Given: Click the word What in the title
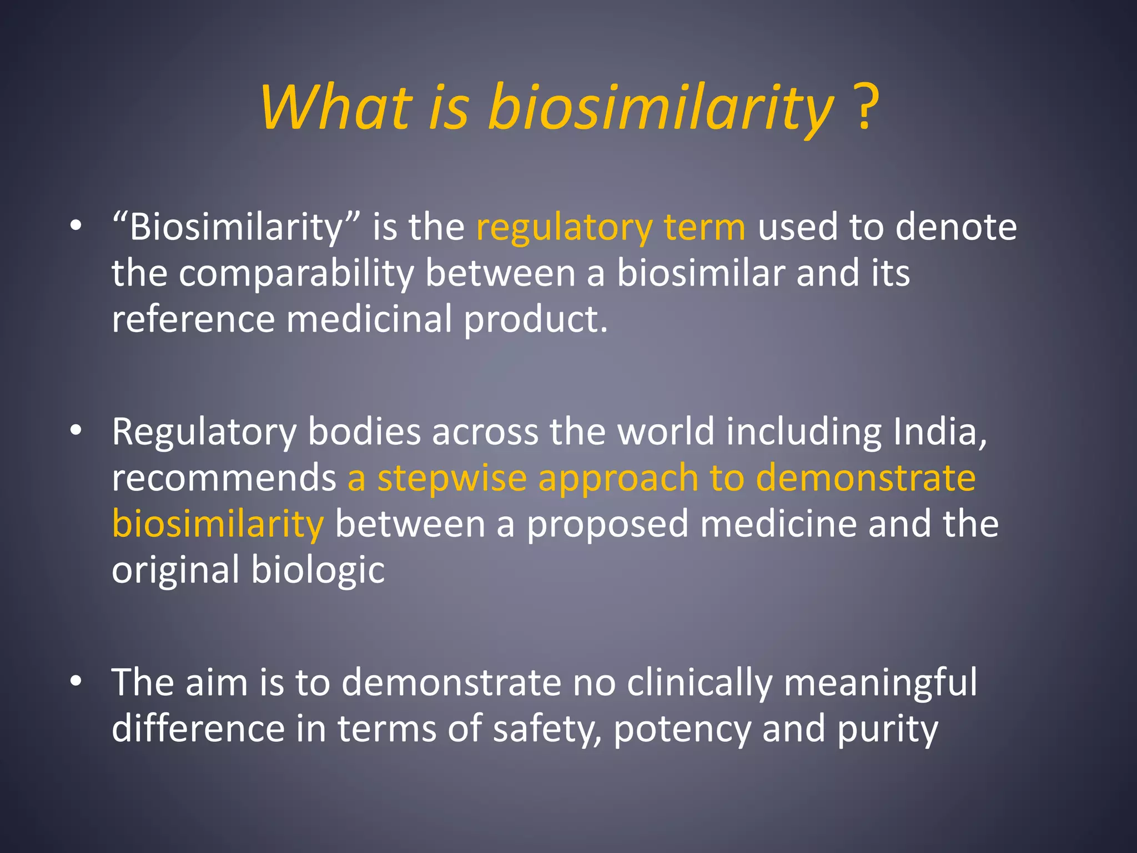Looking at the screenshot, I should pos(336,107).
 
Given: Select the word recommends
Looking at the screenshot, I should pos(224,478).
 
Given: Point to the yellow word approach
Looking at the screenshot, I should pos(618,479).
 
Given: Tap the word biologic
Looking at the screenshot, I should pos(318,571).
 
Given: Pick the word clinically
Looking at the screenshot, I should pos(700,683).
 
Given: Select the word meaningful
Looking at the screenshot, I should pos(880,683).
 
